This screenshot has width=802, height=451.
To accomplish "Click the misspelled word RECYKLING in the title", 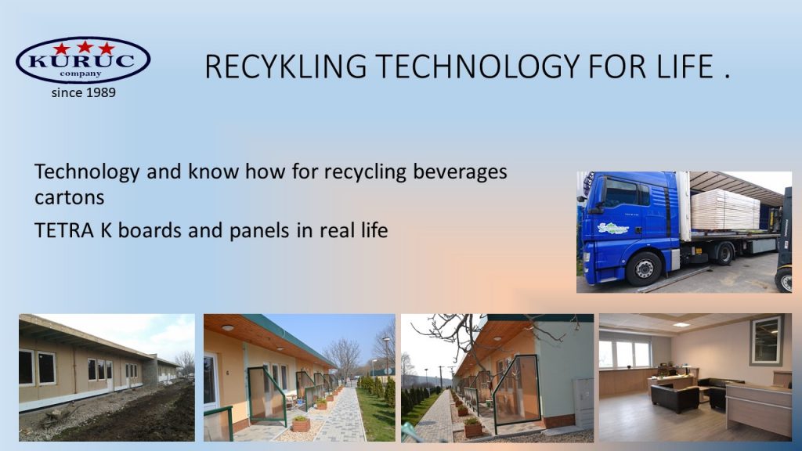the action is (x=285, y=67).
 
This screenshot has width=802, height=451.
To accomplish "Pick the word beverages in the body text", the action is (x=460, y=171).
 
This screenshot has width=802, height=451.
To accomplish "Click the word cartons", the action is (x=69, y=198).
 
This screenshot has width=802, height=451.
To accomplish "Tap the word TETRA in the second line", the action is (x=64, y=231).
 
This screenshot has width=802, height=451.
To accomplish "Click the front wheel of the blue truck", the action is (x=644, y=269).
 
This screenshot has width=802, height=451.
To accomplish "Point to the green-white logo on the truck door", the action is (x=612, y=228).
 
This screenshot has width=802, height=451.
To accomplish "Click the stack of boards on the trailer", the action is (x=724, y=209).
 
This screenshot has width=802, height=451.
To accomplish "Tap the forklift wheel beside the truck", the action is (x=783, y=280).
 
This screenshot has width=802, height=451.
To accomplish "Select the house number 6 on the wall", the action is (x=228, y=373).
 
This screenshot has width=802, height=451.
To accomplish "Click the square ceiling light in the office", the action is (x=681, y=324).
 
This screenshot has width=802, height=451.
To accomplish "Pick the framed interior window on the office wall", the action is (x=766, y=341).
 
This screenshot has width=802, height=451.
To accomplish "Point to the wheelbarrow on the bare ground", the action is (x=57, y=415).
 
